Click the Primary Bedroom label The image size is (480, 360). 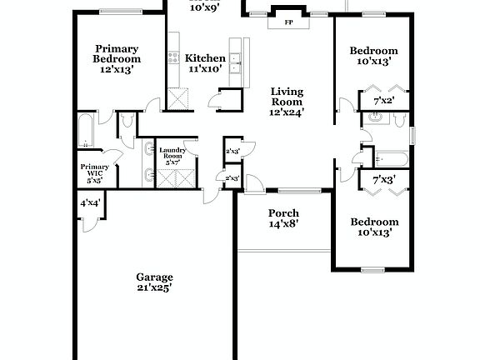click(117, 59)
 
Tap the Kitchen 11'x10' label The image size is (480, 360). click(205, 63)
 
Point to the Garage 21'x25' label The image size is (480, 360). click(155, 282)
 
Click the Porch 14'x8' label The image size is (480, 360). click(283, 218)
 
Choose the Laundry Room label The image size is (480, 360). click(172, 155)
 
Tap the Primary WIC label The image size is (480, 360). click(94, 172)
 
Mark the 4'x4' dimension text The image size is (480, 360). click(89, 203)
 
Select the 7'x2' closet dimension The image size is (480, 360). click(383, 102)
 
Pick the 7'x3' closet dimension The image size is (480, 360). click(383, 180)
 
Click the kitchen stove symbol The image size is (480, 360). click(173, 58)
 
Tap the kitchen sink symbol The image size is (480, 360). click(236, 59)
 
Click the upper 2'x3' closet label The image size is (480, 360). click(232, 152)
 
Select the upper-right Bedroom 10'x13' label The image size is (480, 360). click(374, 56)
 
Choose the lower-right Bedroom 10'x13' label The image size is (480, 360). click(374, 227)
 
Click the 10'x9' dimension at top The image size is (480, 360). click(204, 8)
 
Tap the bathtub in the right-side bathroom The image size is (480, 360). click(392, 157)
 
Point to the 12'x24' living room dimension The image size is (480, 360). click(287, 111)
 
